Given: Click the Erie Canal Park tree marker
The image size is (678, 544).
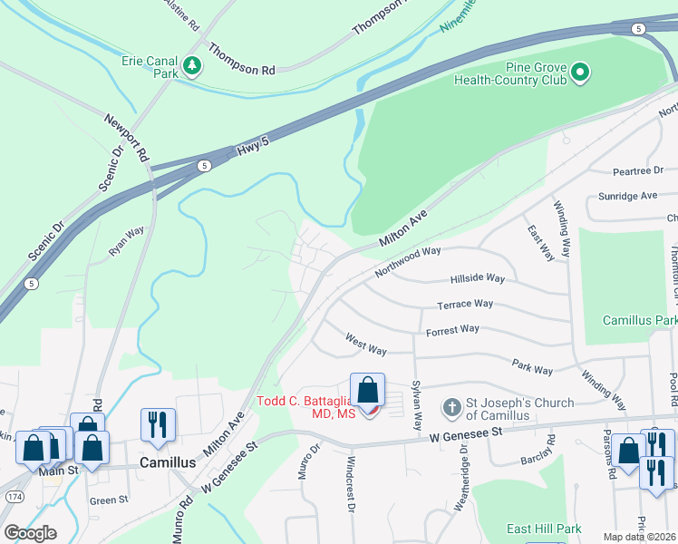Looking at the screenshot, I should [x=191, y=65].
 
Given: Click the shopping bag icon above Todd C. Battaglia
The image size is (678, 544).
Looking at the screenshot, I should [x=368, y=392].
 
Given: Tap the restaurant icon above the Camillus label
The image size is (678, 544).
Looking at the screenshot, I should [x=158, y=424].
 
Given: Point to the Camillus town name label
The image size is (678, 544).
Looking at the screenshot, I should [x=167, y=462].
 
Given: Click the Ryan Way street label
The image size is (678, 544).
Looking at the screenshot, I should [x=127, y=243].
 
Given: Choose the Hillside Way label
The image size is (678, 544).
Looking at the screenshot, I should [x=477, y=279].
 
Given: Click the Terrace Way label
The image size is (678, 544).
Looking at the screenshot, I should [x=465, y=306].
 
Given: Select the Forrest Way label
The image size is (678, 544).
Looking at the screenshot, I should [x=452, y=330].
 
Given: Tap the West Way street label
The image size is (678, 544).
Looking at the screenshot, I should [x=366, y=344].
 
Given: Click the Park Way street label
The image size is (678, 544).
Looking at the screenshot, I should [x=532, y=369].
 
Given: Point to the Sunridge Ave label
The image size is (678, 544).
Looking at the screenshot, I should [x=627, y=196].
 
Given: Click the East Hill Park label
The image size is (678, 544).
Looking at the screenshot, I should [x=544, y=529].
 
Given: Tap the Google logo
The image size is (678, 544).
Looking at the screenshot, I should [x=31, y=533].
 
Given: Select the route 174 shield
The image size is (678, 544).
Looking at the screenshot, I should [x=14, y=499].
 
